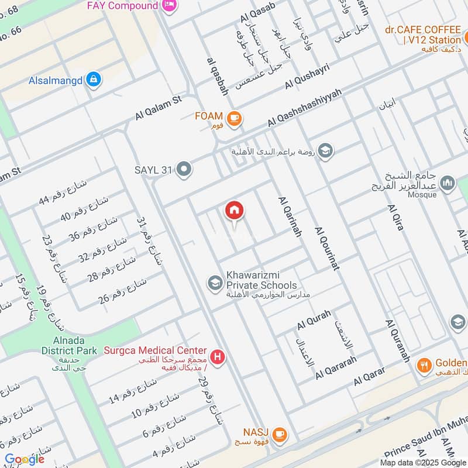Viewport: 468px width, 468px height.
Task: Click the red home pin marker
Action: (x=235, y=211)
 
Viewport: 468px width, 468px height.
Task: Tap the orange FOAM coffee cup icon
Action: (x=235, y=118)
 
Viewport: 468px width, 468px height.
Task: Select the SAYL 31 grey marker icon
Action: (x=184, y=170)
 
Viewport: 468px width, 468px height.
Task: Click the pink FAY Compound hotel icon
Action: (x=170, y=6)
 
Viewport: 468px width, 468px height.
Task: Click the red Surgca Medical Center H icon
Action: (x=218, y=357)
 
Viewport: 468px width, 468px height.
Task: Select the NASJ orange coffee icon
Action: (x=280, y=433)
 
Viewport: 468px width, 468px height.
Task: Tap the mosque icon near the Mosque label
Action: (x=448, y=184)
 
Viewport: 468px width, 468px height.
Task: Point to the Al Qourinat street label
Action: (x=327, y=248)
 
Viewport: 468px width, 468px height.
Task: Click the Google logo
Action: (x=24, y=459)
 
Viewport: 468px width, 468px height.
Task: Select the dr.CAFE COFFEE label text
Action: (x=423, y=29)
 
